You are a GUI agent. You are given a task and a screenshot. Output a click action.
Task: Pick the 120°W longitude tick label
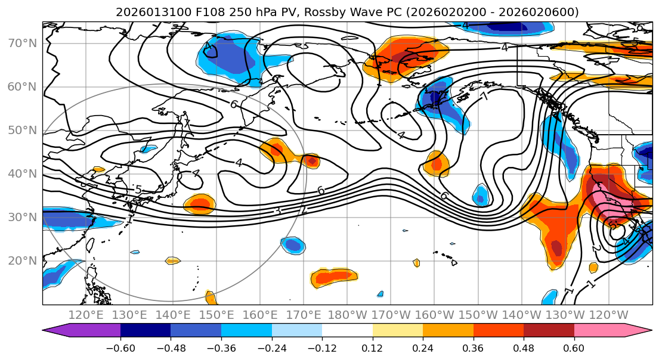coord(608,315)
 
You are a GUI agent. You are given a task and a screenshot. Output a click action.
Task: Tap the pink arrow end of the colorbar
coord(638,331)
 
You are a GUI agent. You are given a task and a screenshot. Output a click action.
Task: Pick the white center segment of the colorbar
coord(347,331)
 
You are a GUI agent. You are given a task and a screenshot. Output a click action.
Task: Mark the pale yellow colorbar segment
coord(398,331)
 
